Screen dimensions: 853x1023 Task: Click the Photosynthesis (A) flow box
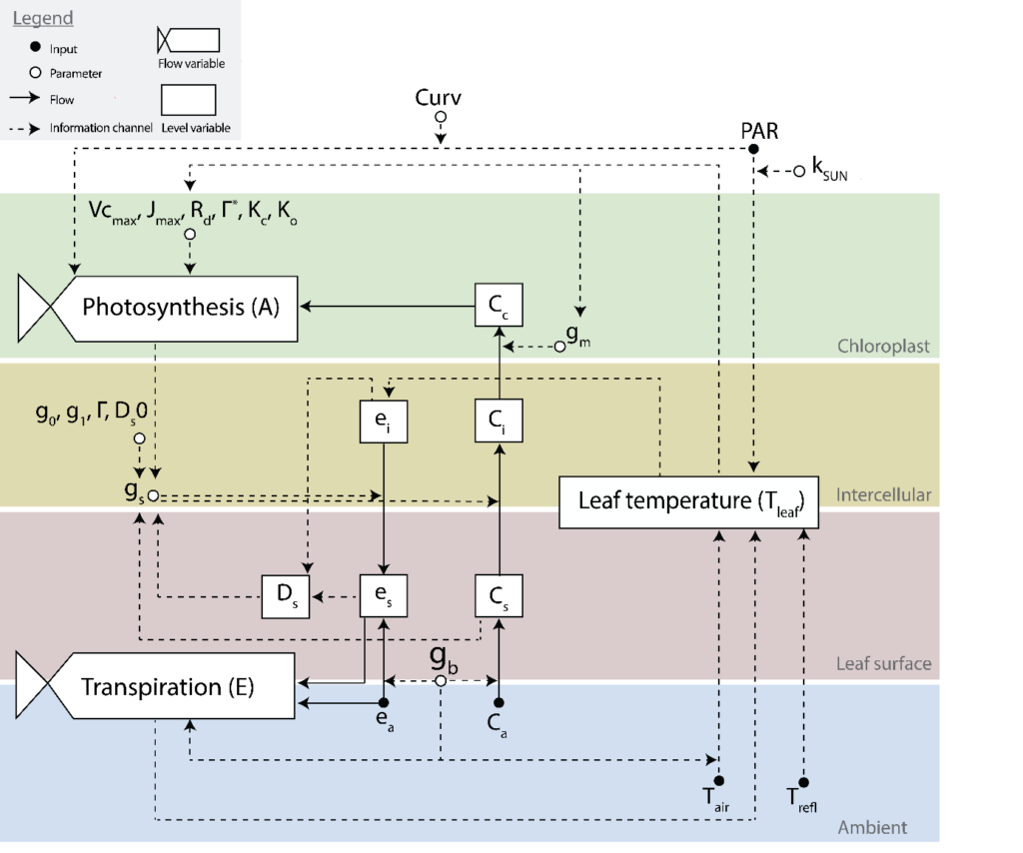click(180, 307)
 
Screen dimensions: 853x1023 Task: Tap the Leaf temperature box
click(689, 500)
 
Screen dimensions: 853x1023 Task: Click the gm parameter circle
click(560, 347)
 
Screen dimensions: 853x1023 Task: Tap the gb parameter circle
click(440, 680)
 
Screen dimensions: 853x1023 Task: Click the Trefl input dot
click(803, 782)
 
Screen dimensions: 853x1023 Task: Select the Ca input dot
click(499, 703)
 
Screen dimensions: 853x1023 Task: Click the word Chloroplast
click(883, 347)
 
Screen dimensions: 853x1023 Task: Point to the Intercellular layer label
click(883, 494)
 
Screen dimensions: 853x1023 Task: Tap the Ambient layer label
click(872, 827)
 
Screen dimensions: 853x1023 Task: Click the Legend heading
click(42, 19)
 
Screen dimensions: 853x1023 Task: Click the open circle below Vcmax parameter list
click(189, 234)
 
